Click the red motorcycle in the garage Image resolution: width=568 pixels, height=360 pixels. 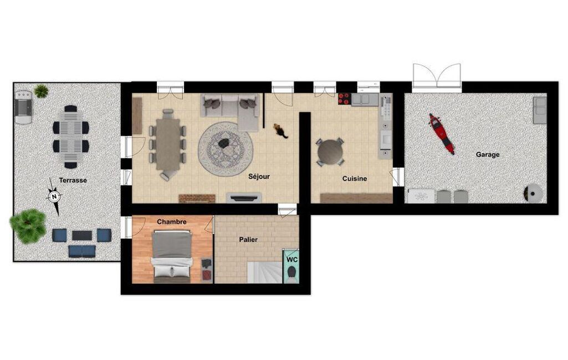click(442, 133)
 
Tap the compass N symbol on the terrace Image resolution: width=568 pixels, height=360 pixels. click(54, 197)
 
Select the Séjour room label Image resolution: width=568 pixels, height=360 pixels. click(259, 177)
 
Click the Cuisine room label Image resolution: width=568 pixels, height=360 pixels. click(355, 178)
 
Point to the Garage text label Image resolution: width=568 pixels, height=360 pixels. click(488, 155)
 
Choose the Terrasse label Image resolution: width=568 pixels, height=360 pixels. click(73, 180)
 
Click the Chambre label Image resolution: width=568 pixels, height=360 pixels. click(172, 222)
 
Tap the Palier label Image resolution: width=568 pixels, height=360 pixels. click(248, 239)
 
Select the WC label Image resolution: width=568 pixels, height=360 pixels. click(292, 260)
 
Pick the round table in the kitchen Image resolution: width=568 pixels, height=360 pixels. click(330, 152)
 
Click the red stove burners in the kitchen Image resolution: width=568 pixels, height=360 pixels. click(345, 99)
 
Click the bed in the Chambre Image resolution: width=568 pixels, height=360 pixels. click(172, 257)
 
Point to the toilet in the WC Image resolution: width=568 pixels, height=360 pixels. click(291, 273)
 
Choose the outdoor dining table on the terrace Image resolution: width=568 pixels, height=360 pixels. click(70, 137)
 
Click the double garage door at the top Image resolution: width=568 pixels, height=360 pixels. click(437, 76)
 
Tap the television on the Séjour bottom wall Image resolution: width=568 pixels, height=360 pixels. click(244, 198)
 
